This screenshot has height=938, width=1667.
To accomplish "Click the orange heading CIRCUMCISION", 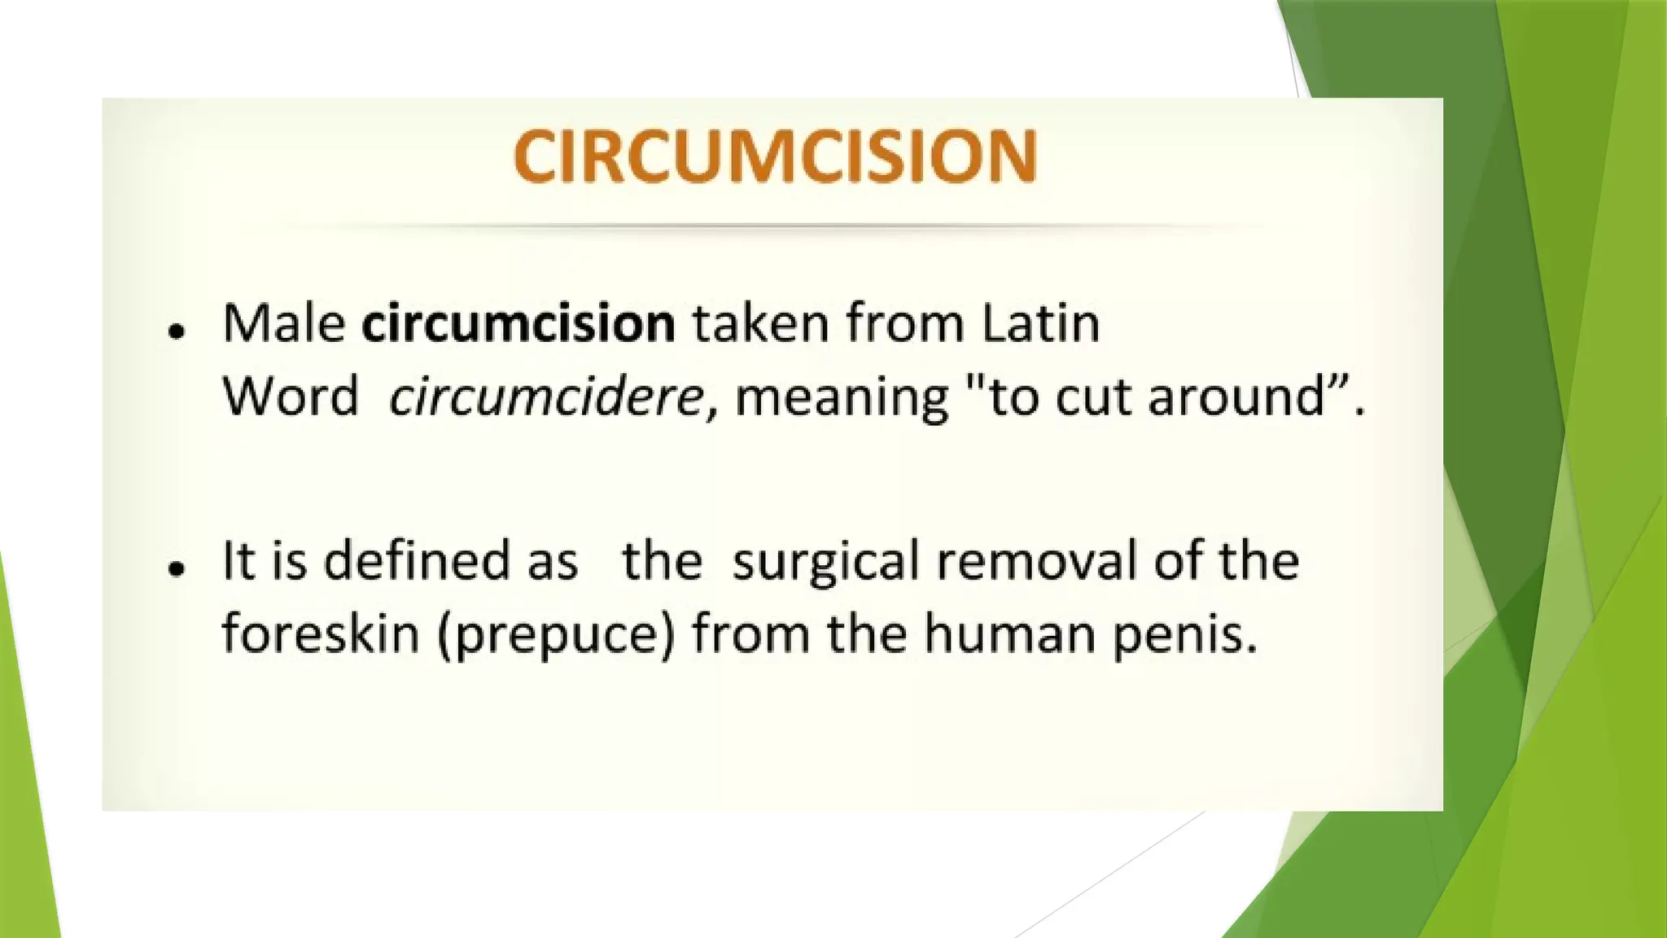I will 775,156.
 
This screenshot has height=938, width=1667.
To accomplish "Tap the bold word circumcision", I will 518,323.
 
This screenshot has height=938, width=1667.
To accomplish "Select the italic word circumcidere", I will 545,397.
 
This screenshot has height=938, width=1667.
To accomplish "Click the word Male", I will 284,323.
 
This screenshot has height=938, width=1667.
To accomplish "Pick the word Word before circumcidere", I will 290,397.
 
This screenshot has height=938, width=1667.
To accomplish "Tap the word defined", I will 416,561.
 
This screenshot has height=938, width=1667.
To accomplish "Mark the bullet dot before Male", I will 176,331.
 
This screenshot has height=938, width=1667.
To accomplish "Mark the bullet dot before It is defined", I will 176,568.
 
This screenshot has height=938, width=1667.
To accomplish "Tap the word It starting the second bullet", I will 238,561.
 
